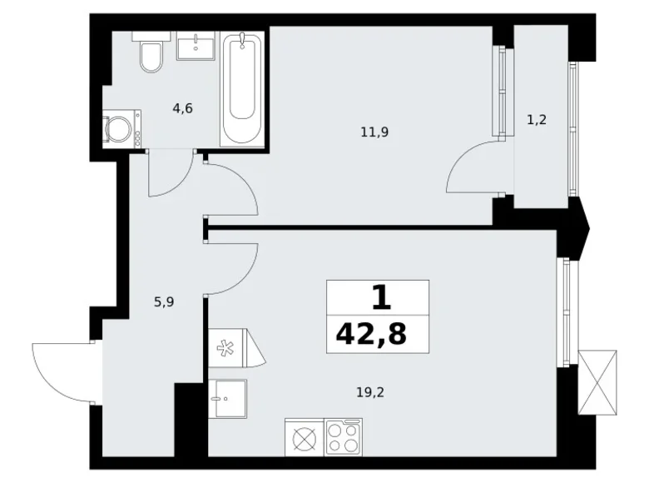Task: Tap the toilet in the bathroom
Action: (151, 56)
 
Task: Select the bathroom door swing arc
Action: (171, 176)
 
